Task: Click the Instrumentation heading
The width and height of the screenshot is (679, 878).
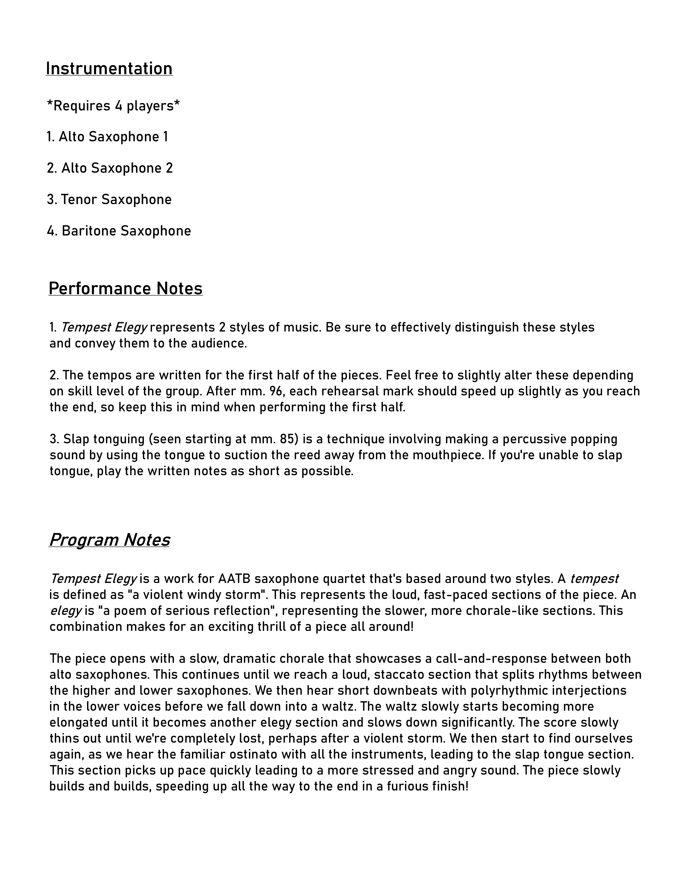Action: [109, 69]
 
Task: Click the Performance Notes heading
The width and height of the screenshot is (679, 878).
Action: [125, 289]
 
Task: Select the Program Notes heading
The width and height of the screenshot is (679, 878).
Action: [109, 540]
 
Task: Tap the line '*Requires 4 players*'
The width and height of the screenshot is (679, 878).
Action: [113, 106]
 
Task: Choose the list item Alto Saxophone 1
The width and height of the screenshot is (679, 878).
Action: [107, 137]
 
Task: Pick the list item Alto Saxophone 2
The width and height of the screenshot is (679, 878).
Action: [110, 168]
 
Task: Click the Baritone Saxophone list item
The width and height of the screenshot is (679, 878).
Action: [119, 231]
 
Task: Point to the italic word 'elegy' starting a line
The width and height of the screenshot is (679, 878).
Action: [66, 611]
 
